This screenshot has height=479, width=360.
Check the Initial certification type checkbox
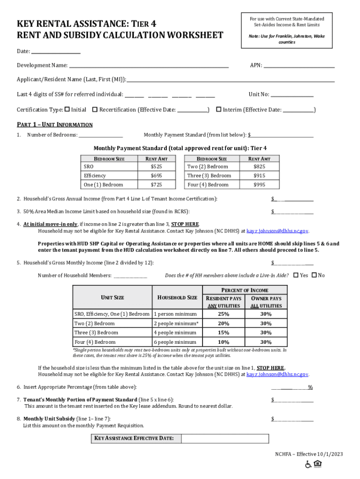pos(67,109)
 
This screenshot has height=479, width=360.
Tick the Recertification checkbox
pos(95,109)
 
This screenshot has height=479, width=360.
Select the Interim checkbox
pos(218,109)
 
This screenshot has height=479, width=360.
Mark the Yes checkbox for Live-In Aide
pos(295,275)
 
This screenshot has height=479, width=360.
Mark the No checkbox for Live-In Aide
pos(314,275)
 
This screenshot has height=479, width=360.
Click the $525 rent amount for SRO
pos(156,167)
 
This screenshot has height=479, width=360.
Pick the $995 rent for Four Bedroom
pos(259,185)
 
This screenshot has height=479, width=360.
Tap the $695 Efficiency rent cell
pos(156,176)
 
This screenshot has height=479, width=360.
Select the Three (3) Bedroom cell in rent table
pos(209,176)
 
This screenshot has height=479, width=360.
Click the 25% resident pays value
pos(223,314)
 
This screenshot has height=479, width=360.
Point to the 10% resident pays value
pos(223,342)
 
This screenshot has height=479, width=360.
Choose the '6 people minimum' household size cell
pos(175,342)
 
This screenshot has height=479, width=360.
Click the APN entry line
pos(299,66)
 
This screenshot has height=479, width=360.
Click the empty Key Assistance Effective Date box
pos(225,438)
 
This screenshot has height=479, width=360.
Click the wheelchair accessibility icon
pos(309,464)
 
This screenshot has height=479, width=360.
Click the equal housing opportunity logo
pos(318,464)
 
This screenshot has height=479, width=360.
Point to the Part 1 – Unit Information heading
pos(55,125)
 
